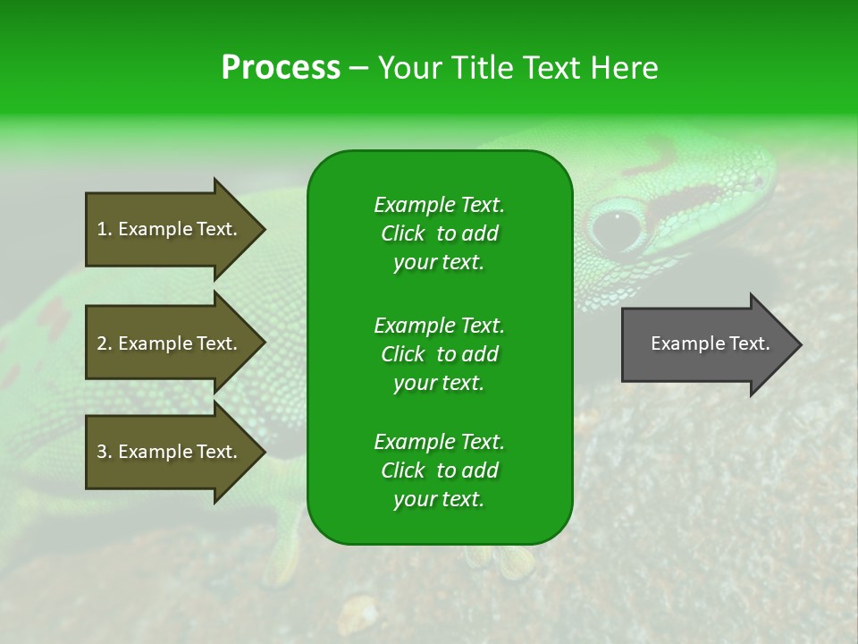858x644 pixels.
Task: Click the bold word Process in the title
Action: point(281,68)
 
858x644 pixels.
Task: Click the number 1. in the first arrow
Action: point(105,230)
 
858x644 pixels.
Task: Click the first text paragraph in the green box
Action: point(439,233)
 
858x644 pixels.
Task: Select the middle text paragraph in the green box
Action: point(439,354)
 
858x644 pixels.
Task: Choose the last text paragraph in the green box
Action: point(439,470)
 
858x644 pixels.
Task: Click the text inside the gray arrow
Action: point(710,344)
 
